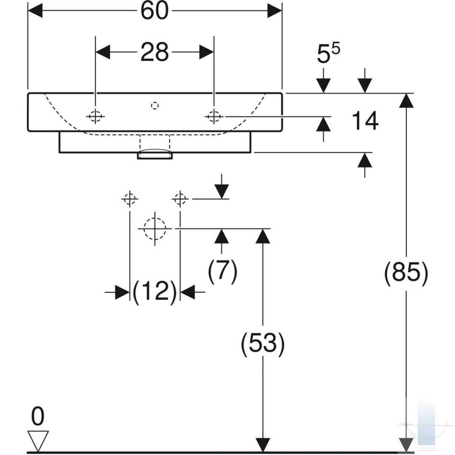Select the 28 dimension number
(154, 52)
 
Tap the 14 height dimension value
(365, 120)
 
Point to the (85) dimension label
(406, 273)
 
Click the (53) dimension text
(262, 344)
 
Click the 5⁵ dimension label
(328, 54)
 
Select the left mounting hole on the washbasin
(96, 117)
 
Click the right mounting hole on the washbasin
(214, 117)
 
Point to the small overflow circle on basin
(155, 106)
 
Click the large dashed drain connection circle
(155, 229)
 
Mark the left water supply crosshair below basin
(130, 199)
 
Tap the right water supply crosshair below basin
(180, 199)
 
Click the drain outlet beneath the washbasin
(155, 154)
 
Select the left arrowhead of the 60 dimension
(35, 11)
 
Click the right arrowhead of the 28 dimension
(206, 52)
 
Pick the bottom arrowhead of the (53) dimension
(263, 445)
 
